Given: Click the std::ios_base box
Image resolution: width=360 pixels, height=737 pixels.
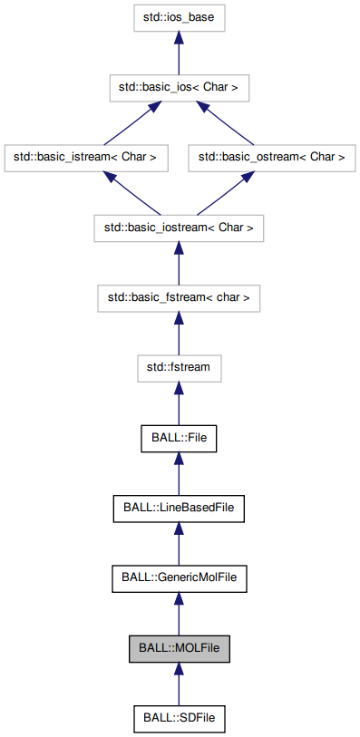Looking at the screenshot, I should point(179,16).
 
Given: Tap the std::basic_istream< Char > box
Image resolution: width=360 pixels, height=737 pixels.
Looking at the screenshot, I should point(85,157).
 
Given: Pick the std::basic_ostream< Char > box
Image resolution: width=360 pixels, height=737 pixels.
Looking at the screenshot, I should point(272,157).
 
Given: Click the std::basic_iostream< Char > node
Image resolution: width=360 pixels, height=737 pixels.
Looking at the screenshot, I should point(179,228).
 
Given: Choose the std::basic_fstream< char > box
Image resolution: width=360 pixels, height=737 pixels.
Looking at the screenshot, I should point(179,297).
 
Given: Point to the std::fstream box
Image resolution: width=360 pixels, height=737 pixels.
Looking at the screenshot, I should point(179,368).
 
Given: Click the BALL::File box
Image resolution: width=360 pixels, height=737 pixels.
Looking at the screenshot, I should point(179,438).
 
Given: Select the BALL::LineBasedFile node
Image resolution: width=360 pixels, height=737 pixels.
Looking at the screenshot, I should point(179,508).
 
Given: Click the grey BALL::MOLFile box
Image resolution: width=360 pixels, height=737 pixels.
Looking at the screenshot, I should point(179,648).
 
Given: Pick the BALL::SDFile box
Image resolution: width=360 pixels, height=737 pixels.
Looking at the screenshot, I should point(179,719).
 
